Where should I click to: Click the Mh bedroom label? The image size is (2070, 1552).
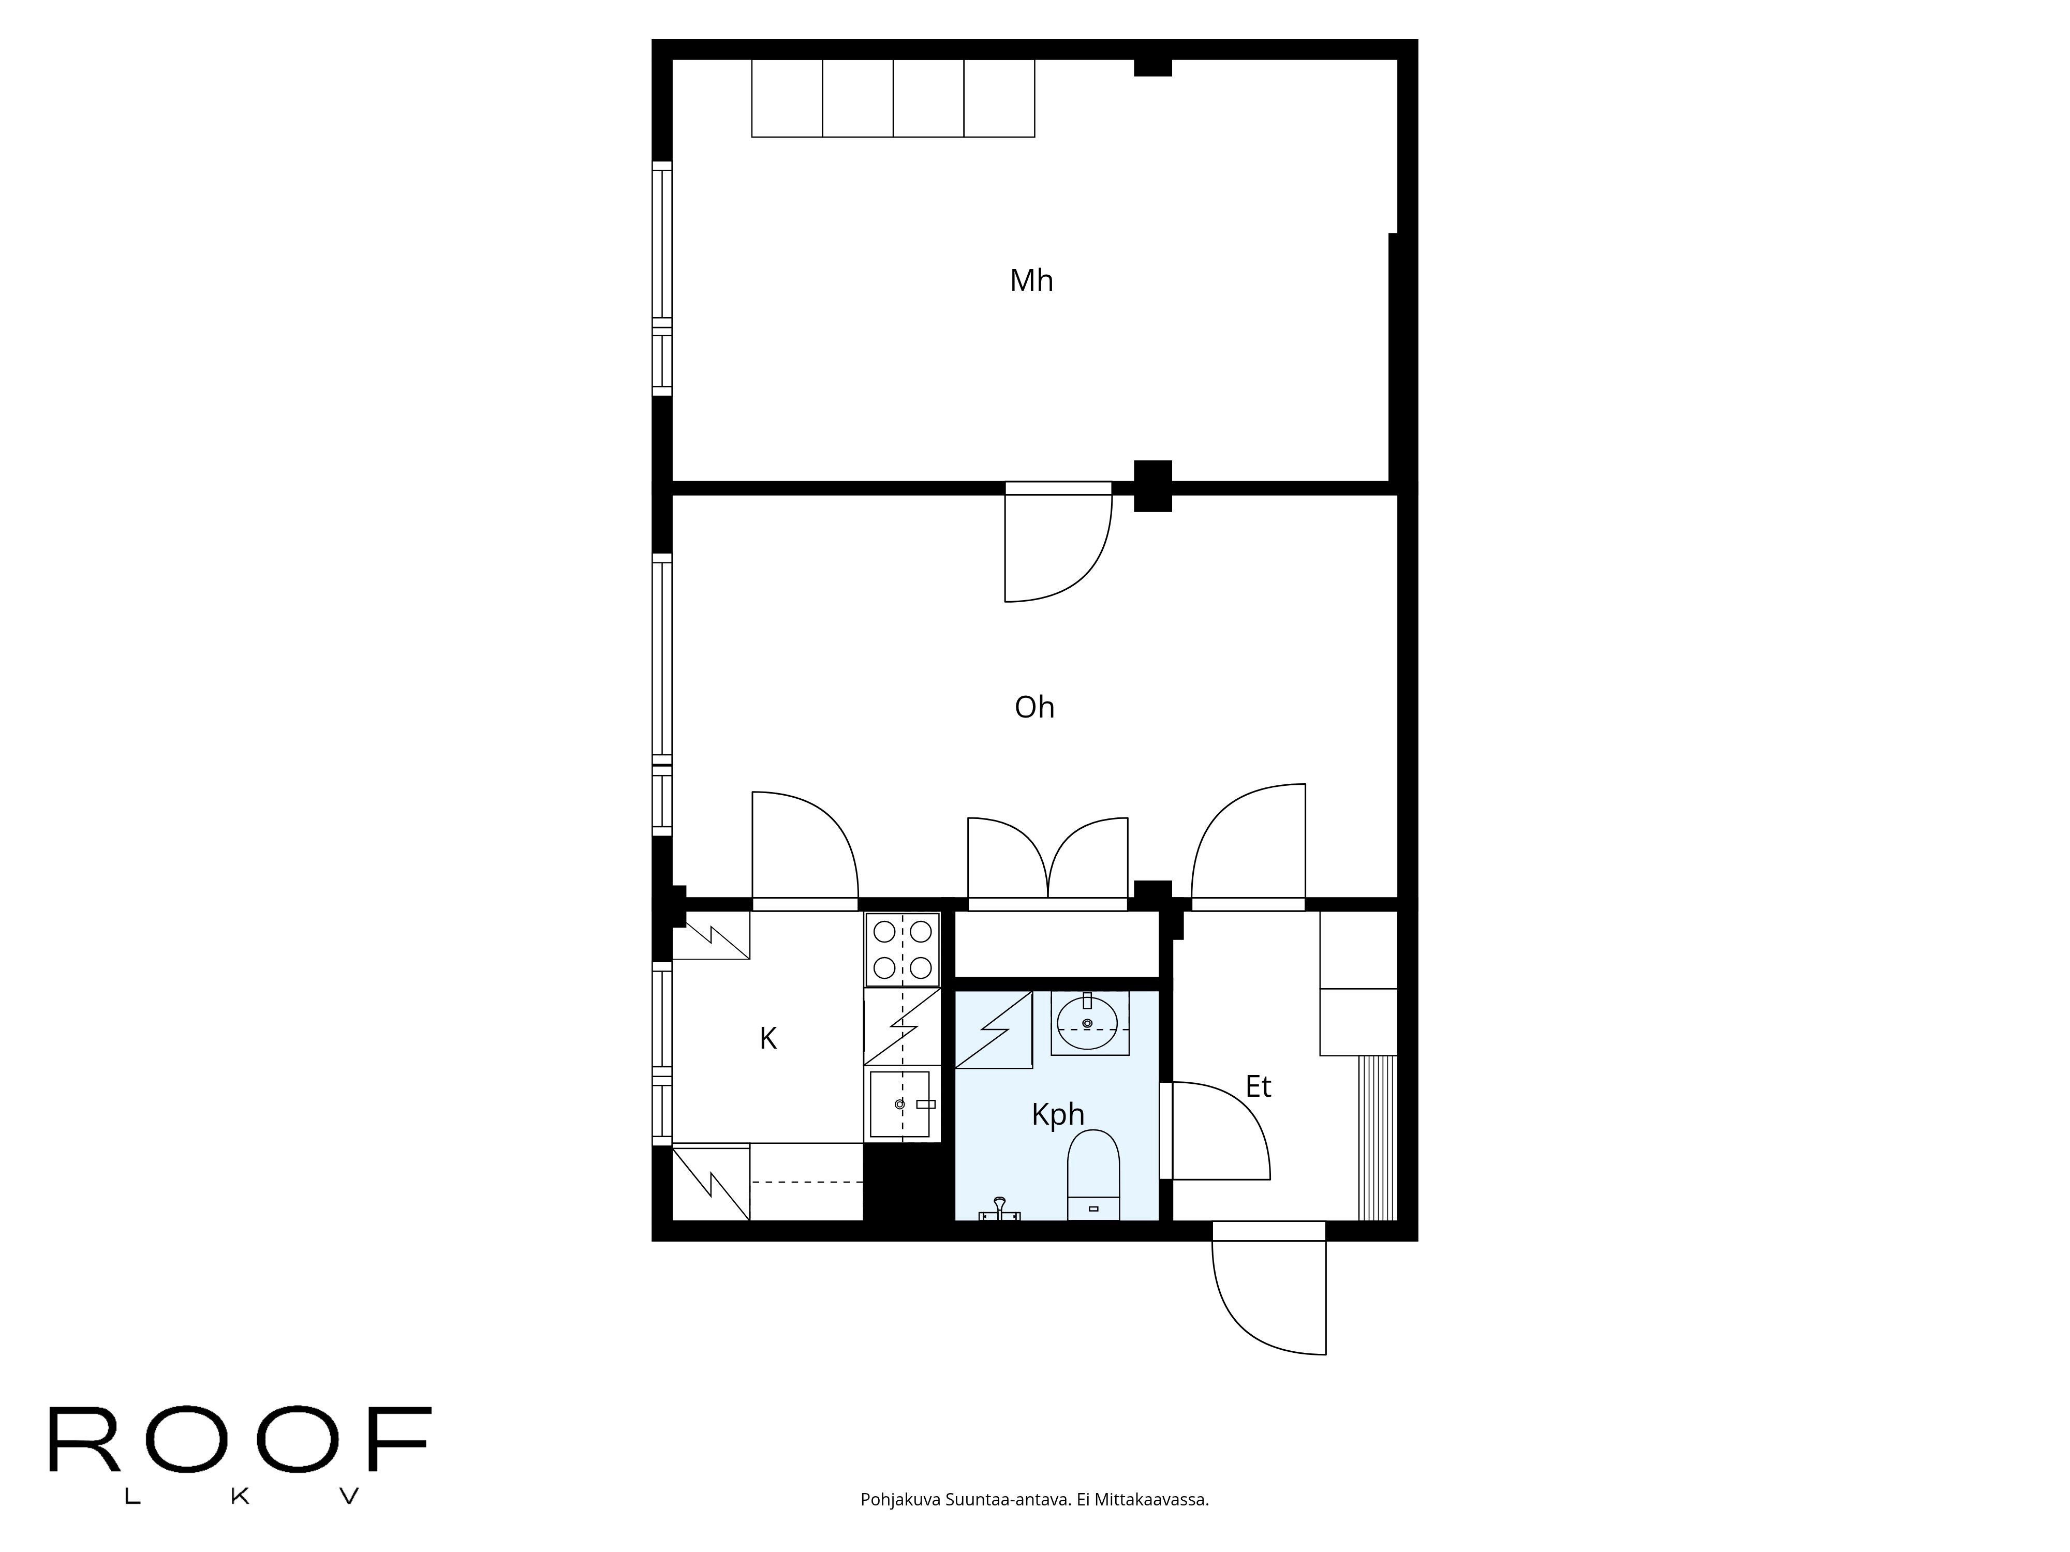[1031, 280]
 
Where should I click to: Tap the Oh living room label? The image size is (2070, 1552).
[1034, 707]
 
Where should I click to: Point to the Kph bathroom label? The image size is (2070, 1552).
[1057, 1114]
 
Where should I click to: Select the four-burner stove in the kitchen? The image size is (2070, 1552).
[902, 949]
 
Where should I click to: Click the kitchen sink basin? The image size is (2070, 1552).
[899, 1105]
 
